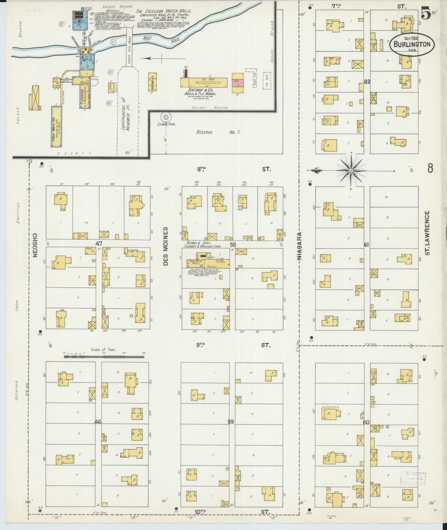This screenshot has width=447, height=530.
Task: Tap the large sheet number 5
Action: [426, 14]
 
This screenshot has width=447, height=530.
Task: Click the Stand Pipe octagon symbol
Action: [166, 117]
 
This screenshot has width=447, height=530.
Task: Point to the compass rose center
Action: [351, 170]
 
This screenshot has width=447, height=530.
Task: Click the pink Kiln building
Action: [238, 83]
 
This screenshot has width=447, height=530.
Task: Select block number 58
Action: [233, 245]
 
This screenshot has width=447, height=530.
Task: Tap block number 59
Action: [231, 421]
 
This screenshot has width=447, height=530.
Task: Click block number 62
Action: [367, 82]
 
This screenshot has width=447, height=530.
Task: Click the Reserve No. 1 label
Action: [218, 132]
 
